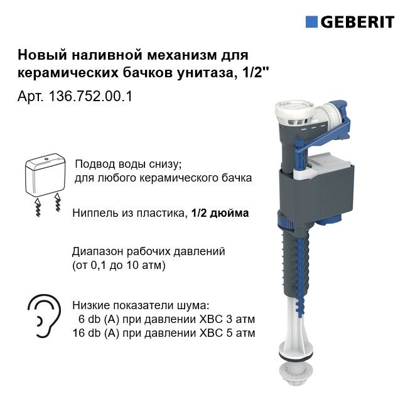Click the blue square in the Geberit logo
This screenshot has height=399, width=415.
coord(311,22)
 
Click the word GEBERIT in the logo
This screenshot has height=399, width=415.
coord(358,22)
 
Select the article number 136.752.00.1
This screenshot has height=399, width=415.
coord(90,96)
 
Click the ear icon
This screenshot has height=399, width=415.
coord(44,316)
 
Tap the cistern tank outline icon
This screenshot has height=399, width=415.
coord(45,174)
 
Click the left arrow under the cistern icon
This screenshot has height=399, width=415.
coord(38,207)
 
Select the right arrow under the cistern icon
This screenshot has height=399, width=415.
coord(57,203)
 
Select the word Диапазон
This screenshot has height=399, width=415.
coord(98,252)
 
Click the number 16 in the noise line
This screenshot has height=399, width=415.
coord(78,333)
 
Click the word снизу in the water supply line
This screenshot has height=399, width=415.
coord(165,164)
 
